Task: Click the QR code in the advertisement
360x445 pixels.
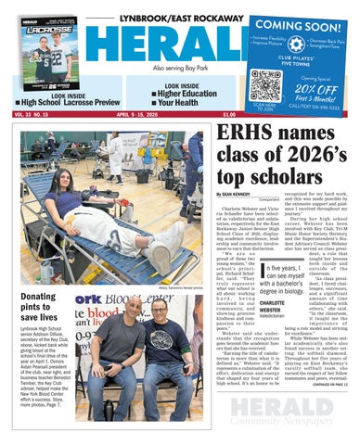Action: [x=265, y=84]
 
